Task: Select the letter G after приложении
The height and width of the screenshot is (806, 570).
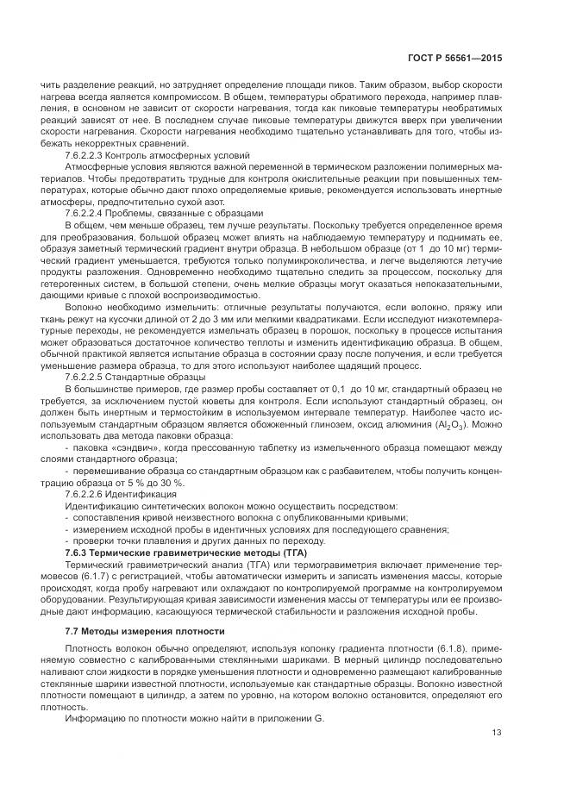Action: (x=320, y=715)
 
